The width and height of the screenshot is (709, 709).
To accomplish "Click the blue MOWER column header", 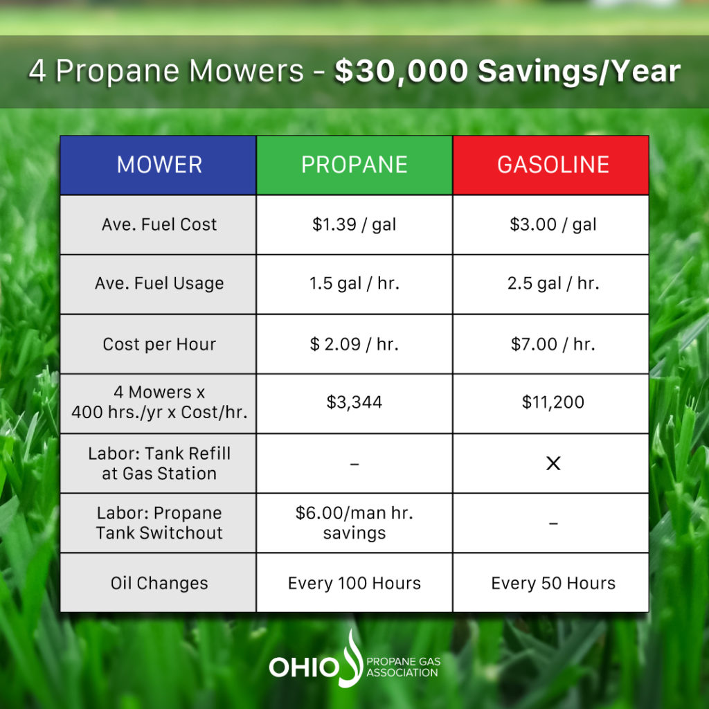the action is (159, 165).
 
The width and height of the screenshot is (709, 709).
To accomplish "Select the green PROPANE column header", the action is (354, 165).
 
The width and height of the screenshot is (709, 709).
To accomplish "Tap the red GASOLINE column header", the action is (551, 165).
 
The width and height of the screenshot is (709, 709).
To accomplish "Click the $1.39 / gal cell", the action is (354, 225).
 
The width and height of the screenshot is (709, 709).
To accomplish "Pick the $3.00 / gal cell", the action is (551, 225).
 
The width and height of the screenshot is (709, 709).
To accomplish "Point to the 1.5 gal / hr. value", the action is (354, 283).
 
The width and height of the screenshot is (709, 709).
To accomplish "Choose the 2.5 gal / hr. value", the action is (553, 283).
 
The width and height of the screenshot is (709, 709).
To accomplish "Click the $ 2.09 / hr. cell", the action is (354, 344).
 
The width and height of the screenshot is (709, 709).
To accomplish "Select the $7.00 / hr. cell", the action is (551, 344).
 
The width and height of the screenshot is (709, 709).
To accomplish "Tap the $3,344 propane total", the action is (354, 402).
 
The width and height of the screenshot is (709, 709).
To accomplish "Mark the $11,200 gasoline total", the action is (553, 402).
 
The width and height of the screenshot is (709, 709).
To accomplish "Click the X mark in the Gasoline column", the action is (553, 463).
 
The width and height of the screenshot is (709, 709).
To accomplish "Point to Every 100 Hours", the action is (354, 583).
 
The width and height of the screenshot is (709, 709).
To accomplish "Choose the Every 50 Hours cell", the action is (551, 583).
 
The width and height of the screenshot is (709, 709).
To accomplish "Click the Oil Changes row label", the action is (159, 583).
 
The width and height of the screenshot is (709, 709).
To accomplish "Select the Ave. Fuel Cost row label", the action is (159, 224).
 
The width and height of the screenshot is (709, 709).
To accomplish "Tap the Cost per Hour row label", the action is (159, 344).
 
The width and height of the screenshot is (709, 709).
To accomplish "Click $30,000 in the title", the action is (401, 71).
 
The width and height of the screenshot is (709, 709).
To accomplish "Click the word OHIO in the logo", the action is (304, 667).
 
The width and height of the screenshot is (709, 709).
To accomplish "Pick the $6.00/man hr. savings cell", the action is (354, 523).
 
